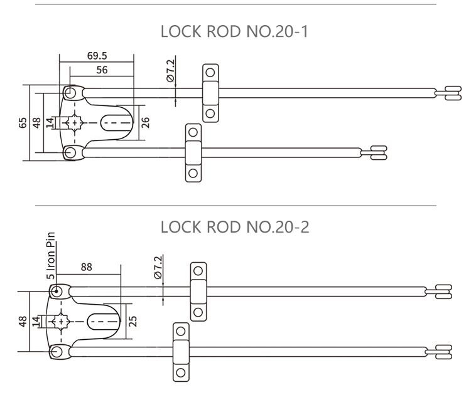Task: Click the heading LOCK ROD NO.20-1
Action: point(235,31)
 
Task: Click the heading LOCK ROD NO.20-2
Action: point(235,226)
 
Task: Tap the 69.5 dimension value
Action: point(96,56)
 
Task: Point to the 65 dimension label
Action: point(23,122)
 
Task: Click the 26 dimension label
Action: point(145,122)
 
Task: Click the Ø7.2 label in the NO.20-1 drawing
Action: point(170,70)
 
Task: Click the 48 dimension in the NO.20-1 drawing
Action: point(36,122)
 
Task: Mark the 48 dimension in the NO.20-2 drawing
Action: point(23,321)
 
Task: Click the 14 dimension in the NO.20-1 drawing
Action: point(50,122)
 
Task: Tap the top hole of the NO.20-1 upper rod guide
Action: point(210,72)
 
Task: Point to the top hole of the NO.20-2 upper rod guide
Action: point(198,271)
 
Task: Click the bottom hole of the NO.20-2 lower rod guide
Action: point(181,372)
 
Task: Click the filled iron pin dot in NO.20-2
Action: point(57,291)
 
